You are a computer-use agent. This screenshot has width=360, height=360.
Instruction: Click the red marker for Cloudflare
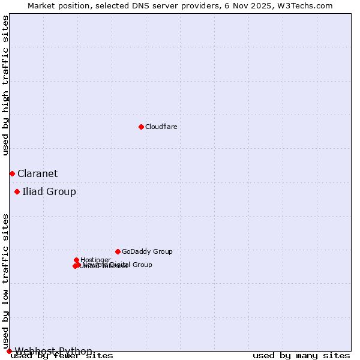[141, 127]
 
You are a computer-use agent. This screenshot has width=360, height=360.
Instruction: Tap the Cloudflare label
[161, 127]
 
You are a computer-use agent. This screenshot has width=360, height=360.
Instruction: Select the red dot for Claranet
[12, 173]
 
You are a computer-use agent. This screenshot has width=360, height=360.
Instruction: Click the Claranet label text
[37, 174]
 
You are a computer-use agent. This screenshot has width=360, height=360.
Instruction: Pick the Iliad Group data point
[17, 192]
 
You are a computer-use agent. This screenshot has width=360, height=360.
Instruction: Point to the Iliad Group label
[49, 192]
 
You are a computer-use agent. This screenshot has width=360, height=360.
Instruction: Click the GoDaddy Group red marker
[118, 251]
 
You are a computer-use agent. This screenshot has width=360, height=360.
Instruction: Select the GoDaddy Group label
[147, 252]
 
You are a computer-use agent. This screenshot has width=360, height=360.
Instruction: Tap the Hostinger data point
[77, 260]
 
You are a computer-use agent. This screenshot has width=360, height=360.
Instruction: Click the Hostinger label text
[95, 260]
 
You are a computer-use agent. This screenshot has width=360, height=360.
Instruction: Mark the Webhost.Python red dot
[9, 351]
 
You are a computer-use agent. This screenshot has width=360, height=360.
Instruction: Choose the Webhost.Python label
[53, 351]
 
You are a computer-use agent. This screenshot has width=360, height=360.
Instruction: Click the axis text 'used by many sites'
[301, 356]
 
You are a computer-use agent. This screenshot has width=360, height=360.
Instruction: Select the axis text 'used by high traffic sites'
[6, 85]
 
